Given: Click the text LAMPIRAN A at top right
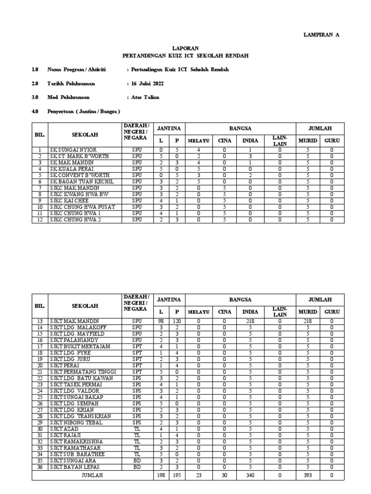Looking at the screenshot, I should click(x=321, y=35).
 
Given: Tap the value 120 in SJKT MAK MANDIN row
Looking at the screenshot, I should click(x=177, y=321).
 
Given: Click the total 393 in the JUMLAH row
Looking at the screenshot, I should click(x=308, y=475).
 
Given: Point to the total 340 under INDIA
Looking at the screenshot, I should click(x=250, y=475).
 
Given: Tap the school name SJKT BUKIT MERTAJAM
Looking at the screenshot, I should click(x=80, y=346).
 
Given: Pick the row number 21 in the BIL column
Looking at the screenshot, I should click(x=40, y=371).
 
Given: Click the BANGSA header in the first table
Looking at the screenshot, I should click(x=240, y=129).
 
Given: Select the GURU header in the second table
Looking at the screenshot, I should click(x=332, y=312).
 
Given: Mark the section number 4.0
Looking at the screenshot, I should click(x=35, y=111).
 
